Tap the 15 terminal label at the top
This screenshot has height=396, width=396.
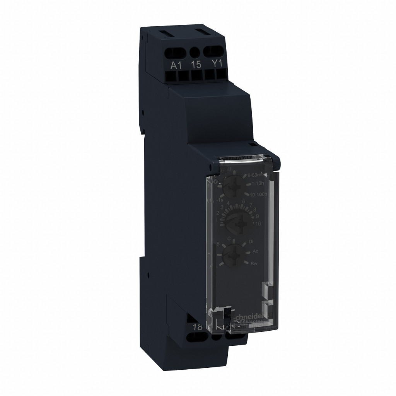[196, 65]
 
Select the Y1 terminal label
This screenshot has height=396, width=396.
[217, 64]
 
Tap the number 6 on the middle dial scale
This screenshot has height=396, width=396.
[243, 201]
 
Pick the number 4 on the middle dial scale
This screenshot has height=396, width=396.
[228, 203]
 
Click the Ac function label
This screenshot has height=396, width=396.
[255, 251]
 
